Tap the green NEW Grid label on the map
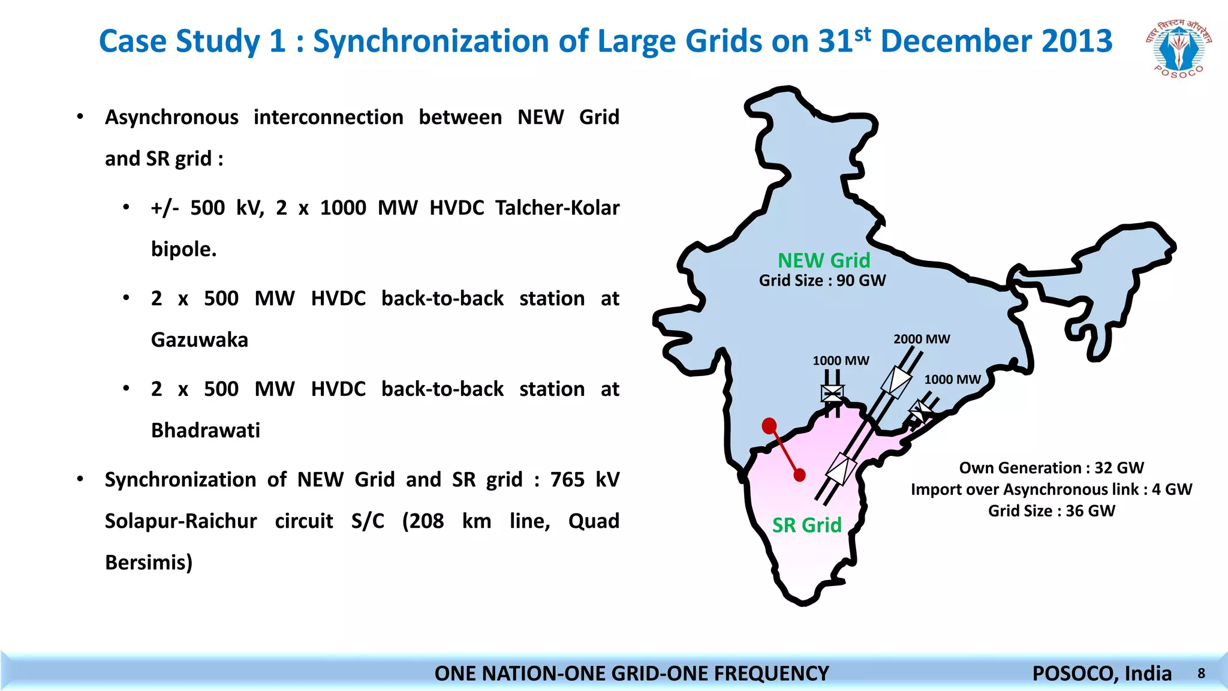pos(823,260)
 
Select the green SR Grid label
pos(806,525)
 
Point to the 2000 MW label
pos(922,339)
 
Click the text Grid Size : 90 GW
pos(822,281)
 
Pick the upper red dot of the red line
pos(769,426)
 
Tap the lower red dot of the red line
pos(799,475)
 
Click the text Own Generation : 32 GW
pos(1051,468)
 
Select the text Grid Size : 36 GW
pos(1051,511)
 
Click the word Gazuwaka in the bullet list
pos(199,340)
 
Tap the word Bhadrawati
pos(205,431)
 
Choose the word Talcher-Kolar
pos(557,208)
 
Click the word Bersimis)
pos(148,563)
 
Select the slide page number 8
pos(1201,674)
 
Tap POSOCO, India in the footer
pos(1101,674)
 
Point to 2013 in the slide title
pos(1077,41)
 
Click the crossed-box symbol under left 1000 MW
pos(832,394)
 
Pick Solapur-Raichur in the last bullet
pos(180,521)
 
